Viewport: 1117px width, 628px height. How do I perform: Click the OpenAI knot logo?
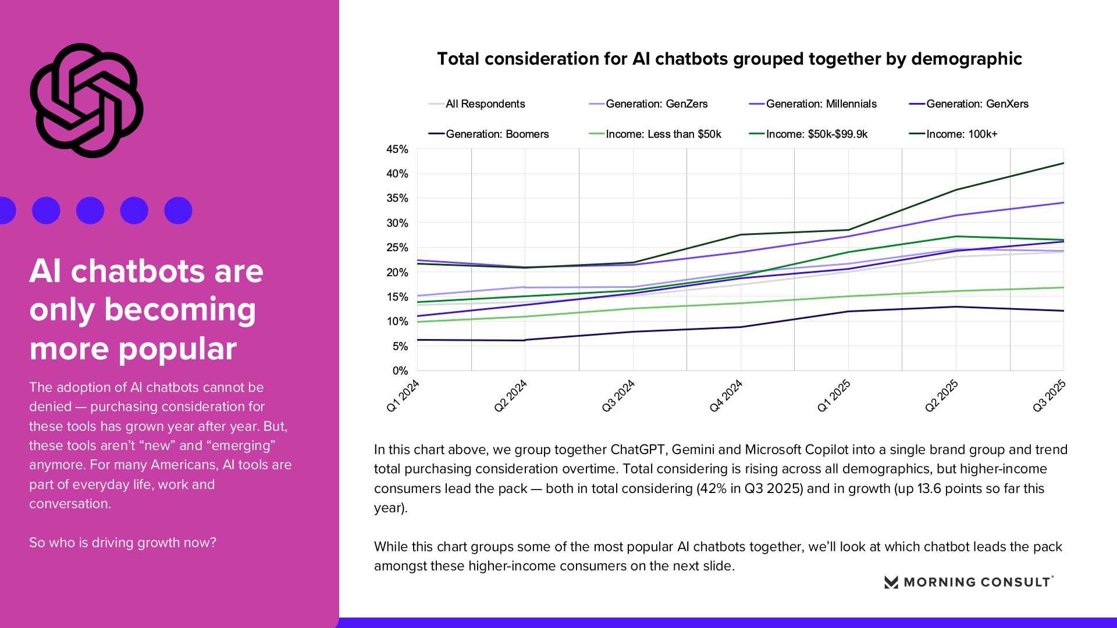[86, 100]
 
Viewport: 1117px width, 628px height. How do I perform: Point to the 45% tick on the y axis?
[397, 149]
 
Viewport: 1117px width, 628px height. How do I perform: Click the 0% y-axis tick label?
[400, 371]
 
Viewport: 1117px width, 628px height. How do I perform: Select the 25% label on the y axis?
[397, 248]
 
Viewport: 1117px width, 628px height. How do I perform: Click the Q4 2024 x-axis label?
[725, 395]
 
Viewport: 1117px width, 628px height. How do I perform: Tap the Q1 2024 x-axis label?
[403, 395]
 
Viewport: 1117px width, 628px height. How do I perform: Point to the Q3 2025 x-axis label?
[1049, 395]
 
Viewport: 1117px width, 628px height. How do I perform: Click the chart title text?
[729, 59]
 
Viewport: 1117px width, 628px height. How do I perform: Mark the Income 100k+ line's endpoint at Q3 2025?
[1063, 163]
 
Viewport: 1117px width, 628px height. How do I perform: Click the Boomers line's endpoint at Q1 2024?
[418, 340]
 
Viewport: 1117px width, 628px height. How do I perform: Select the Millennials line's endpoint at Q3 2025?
[1063, 203]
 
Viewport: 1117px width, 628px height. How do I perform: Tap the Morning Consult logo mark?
[891, 582]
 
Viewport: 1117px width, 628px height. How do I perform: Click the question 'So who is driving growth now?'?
[123, 543]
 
